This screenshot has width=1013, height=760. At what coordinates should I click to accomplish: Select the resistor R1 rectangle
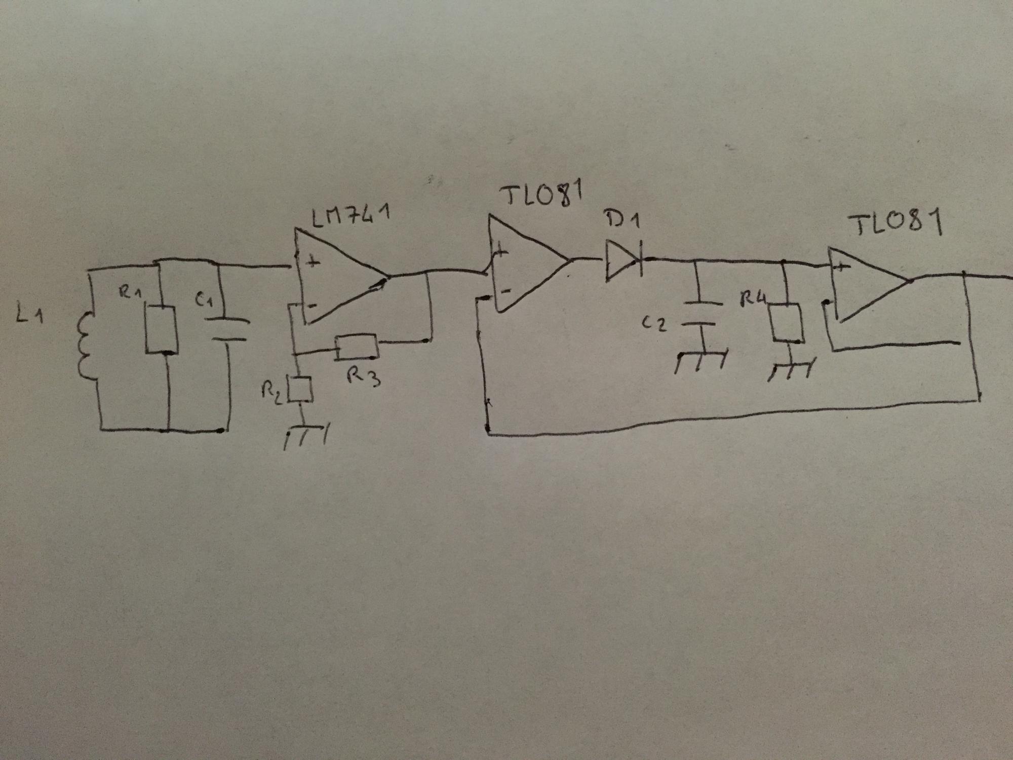coord(161,329)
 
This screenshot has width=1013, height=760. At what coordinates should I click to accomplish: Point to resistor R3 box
coord(357,347)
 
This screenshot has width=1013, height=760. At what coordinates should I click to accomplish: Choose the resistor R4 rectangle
coord(787,323)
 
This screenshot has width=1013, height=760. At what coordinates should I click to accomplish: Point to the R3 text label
coord(364,376)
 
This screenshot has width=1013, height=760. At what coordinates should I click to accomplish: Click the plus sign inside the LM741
coord(315,262)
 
